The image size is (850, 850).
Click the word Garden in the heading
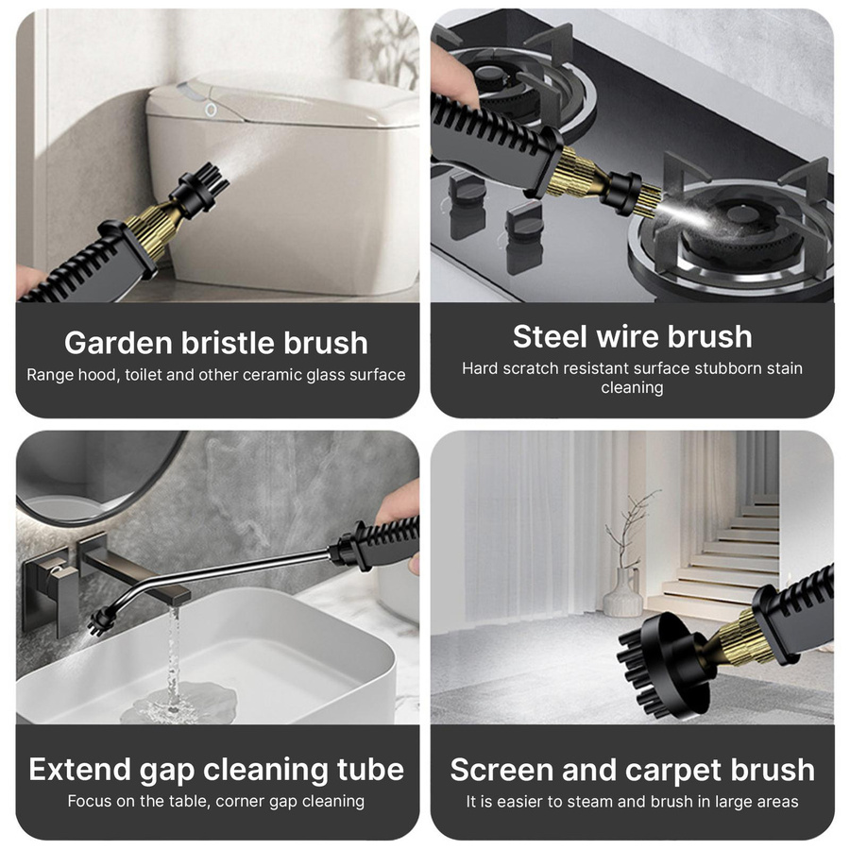[118, 343]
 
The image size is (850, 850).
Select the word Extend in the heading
[79, 769]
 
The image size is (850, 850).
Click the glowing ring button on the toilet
[211, 110]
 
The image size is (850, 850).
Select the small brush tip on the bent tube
[101, 621]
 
